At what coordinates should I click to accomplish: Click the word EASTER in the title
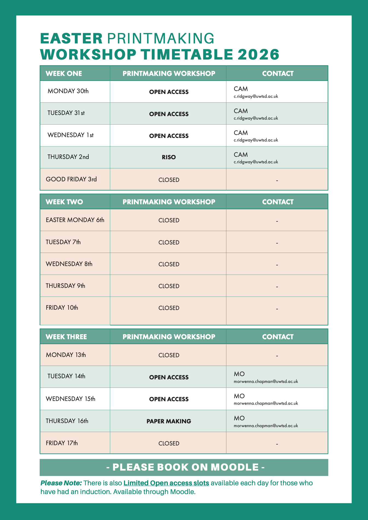[71, 39]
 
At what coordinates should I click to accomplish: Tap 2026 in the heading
[258, 54]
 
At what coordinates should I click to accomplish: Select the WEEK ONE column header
[64, 73]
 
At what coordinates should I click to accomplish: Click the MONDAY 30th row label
[68, 91]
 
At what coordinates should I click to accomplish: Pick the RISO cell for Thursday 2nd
[169, 157]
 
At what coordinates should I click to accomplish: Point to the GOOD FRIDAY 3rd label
[71, 179]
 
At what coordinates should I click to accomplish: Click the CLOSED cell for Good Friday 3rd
[169, 180]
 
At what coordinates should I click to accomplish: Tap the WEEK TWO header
[64, 202]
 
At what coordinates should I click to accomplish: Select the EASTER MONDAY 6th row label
[75, 220]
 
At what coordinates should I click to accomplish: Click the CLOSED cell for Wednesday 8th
[169, 264]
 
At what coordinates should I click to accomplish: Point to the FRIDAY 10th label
[62, 308]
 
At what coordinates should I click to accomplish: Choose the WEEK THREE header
[66, 337]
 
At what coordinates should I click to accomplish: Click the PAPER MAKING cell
[169, 421]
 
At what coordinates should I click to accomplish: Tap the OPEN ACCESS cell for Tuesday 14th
[169, 377]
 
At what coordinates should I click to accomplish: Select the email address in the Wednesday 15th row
[266, 403]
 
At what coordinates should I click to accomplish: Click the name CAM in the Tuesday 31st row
[241, 111]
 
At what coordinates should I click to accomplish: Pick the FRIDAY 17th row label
[62, 443]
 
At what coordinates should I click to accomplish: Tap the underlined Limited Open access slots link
[166, 483]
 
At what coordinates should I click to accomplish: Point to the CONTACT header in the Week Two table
[278, 202]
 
